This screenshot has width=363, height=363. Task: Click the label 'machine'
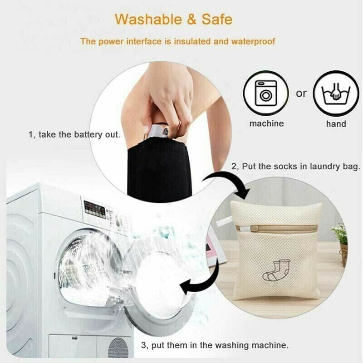266,123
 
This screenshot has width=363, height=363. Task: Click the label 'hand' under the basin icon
336,124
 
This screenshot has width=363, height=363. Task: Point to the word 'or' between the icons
301,93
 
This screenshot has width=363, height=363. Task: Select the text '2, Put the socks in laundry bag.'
296,167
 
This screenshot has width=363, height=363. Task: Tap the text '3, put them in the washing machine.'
214,345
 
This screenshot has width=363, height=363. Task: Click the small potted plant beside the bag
340,240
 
